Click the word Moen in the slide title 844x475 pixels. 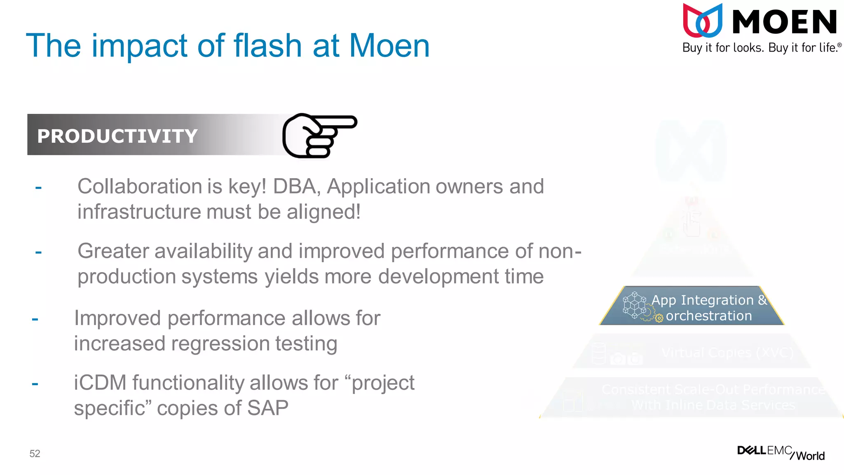(x=389, y=45)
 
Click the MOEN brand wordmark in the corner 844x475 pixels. (x=784, y=22)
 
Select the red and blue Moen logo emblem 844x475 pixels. (x=702, y=21)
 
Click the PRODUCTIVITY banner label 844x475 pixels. (x=117, y=136)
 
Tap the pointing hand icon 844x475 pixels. (x=319, y=135)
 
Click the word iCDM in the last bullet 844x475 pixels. (x=100, y=383)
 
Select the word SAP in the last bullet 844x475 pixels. (x=267, y=408)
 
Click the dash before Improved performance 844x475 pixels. (x=35, y=319)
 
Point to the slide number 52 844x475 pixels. (x=35, y=454)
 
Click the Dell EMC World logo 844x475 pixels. (x=781, y=452)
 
